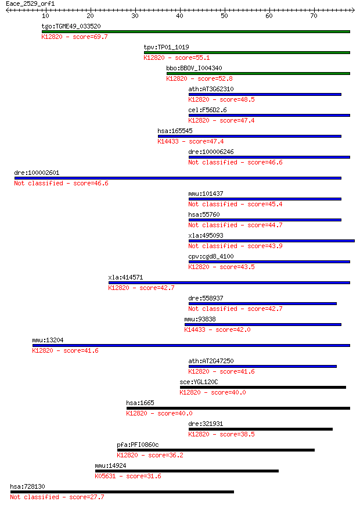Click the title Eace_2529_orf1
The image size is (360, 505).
pyautogui.click(x=30, y=4)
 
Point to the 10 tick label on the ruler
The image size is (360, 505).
pyautogui.click(x=45, y=16)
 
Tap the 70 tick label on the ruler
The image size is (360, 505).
pyautogui.click(x=314, y=16)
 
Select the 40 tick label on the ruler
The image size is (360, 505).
pyautogui.click(x=179, y=16)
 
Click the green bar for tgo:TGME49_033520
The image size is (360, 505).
pyautogui.click(x=196, y=31)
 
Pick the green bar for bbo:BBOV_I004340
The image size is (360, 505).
pyautogui.click(x=258, y=73)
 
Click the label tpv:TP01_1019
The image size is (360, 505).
pyautogui.click(x=166, y=47)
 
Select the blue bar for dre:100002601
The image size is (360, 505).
pyautogui.click(x=178, y=178)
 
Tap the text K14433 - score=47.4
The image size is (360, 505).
pyautogui.click(x=190, y=141)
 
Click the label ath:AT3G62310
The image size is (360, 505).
pyautogui.click(x=211, y=89)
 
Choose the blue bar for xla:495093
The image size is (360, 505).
pyautogui.click(x=272, y=241)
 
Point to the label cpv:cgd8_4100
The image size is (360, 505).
pyautogui.click(x=211, y=257)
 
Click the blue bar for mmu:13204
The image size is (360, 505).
pyautogui.click(x=191, y=346)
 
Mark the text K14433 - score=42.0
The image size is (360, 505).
pyautogui.click(x=218, y=330)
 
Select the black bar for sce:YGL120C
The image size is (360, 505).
pyautogui.click(x=263, y=388)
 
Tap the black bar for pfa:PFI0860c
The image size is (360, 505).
pyautogui.click(x=216, y=450)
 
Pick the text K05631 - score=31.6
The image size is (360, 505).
pyautogui.click(x=128, y=477)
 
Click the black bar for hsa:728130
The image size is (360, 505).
pyautogui.click(x=123, y=492)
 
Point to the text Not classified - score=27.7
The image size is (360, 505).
pyautogui.click(x=57, y=497)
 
